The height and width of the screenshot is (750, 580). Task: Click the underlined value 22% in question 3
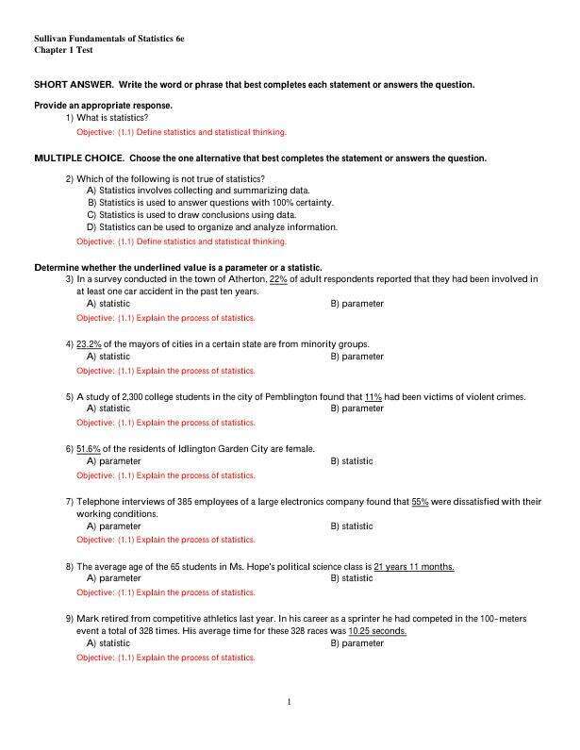click(x=278, y=279)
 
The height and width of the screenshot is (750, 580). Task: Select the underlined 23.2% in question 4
click(x=89, y=344)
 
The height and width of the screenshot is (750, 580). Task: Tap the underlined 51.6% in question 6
click(x=89, y=448)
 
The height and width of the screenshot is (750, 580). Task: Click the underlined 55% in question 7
click(x=420, y=501)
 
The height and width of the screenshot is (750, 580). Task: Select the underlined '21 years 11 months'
click(x=414, y=566)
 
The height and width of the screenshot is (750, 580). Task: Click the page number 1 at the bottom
click(x=290, y=702)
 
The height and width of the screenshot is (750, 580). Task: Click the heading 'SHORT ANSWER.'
click(x=74, y=85)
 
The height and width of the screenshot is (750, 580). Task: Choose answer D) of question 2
click(x=211, y=227)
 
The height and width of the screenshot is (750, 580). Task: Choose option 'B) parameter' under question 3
click(x=356, y=304)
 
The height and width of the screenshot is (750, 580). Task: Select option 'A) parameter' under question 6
click(x=113, y=461)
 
